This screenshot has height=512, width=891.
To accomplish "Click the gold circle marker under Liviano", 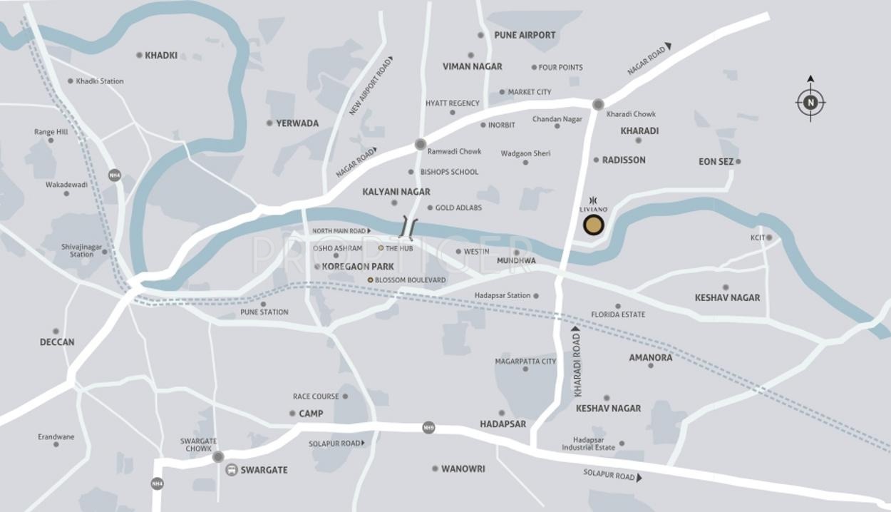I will point(594,225).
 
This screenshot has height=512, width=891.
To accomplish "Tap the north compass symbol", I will point(810,103).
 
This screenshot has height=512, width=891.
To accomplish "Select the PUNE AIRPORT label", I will point(525,35).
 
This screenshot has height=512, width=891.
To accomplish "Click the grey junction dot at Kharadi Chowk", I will point(598,104).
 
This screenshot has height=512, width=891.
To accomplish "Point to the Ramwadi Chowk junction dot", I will point(421,144).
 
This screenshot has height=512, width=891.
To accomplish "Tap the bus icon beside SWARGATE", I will point(232,470).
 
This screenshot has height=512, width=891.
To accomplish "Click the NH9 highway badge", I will point(428,427).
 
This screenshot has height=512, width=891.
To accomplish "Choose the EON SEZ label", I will point(716,162).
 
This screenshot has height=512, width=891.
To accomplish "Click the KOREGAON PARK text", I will point(358,267).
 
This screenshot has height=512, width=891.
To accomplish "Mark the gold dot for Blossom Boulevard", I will point(370,280).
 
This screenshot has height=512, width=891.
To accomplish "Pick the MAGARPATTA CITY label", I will point(525,362).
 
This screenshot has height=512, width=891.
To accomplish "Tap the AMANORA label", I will point(650,357).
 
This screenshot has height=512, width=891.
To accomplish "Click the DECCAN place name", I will point(57,342).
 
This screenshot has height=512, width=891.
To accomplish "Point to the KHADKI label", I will point(161,56).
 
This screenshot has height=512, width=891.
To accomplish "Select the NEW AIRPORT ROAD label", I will point(371,87).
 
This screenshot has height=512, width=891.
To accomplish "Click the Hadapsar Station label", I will point(503,295).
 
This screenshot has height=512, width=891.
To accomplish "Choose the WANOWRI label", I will point(463,469).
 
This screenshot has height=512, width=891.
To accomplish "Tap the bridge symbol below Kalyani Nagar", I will point(408,227).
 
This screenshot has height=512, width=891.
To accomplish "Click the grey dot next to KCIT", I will point(769,237).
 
